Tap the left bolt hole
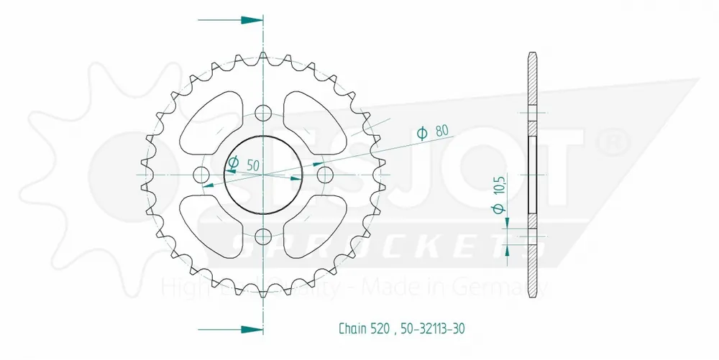tap(201, 175)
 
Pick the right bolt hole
tap(324, 175)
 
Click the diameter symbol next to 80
tap(423, 131)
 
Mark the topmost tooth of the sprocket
tap(263, 57)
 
